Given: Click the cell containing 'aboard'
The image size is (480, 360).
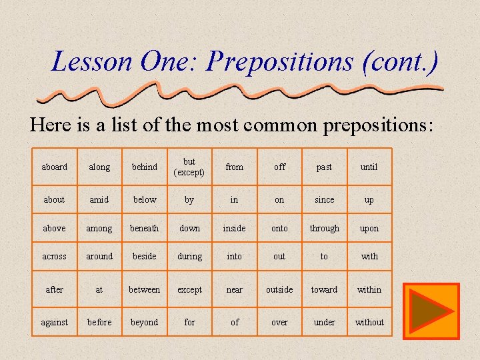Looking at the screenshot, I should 54,167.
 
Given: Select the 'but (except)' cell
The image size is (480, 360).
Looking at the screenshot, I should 189,167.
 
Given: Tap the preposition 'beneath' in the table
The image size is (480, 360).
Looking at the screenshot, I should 145,228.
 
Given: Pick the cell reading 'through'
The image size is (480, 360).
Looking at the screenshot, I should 324,228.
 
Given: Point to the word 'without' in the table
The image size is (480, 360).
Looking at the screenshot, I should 369,322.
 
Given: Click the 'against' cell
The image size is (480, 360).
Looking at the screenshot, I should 54,322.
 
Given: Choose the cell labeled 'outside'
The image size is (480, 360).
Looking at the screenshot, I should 279,289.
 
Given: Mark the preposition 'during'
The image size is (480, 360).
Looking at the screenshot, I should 189,256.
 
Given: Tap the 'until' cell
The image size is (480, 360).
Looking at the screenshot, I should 369,167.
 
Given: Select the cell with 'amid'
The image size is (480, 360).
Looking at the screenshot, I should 99,199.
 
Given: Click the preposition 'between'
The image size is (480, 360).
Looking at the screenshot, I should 145,289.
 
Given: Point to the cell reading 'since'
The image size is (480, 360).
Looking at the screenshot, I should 324,199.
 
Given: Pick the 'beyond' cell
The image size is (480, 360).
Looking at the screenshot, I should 145,322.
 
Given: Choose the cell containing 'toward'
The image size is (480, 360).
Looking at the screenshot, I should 324,289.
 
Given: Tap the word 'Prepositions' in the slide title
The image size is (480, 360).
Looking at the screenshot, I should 280,62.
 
